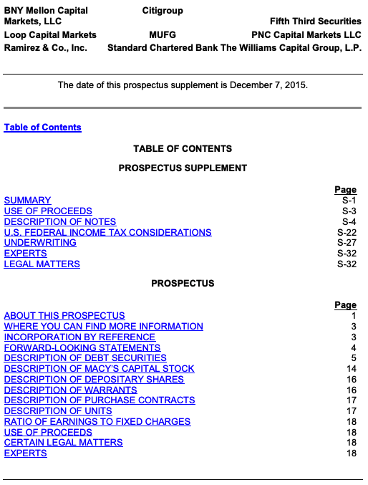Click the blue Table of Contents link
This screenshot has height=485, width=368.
[x=43, y=128]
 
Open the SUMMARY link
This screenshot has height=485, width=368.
[x=28, y=201]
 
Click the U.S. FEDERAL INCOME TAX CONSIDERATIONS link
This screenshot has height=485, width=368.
[x=108, y=232]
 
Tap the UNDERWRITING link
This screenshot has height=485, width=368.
[x=40, y=243]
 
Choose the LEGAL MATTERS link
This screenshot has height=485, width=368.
[x=42, y=264]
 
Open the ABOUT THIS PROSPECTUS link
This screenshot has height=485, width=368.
[x=64, y=316]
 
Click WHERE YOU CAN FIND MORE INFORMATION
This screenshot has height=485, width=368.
[x=104, y=327]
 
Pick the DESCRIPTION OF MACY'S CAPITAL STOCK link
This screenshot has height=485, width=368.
[x=100, y=369]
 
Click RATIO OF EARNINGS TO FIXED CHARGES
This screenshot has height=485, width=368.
[x=97, y=422]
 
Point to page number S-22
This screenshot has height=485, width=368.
[x=347, y=232]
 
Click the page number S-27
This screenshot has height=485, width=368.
[x=347, y=243]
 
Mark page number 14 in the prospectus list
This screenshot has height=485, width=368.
[x=351, y=369]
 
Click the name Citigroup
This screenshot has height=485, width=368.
[x=163, y=11]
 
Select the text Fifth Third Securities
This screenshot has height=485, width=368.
[x=316, y=22]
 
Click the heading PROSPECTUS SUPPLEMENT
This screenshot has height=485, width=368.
[x=183, y=168]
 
